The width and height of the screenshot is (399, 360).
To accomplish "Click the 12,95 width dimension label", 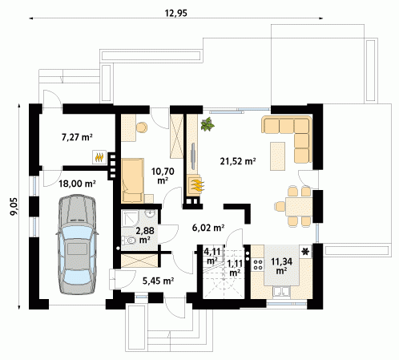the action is (x=175, y=13).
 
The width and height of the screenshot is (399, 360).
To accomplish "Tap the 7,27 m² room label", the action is (x=77, y=137).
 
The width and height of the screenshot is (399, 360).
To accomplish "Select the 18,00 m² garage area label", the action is (x=77, y=184).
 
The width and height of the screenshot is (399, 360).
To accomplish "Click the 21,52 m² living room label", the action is (x=238, y=161).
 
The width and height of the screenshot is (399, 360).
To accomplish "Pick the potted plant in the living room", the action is (x=208, y=124).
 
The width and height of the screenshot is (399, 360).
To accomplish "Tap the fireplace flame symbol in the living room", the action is (x=197, y=184).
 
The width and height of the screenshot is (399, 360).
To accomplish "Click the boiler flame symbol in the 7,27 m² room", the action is (x=99, y=157).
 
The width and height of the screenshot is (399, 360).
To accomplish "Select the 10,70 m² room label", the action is (x=163, y=176).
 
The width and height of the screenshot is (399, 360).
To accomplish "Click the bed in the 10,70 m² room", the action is (x=133, y=180).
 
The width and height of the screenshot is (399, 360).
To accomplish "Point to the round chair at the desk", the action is (x=142, y=127).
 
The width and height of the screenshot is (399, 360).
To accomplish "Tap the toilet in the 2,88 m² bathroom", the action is (x=129, y=241).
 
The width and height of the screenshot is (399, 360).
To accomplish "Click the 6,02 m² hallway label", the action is (x=208, y=228).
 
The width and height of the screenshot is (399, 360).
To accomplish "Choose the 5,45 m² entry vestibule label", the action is (x=158, y=281).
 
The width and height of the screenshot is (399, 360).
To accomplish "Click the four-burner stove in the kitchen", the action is (x=258, y=265).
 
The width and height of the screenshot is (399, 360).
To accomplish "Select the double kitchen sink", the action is (x=281, y=292).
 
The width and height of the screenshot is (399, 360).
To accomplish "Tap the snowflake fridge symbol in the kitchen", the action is (x=305, y=251).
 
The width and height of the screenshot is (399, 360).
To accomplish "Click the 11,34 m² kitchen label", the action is (x=281, y=265).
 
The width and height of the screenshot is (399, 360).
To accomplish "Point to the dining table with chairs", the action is (x=294, y=207).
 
